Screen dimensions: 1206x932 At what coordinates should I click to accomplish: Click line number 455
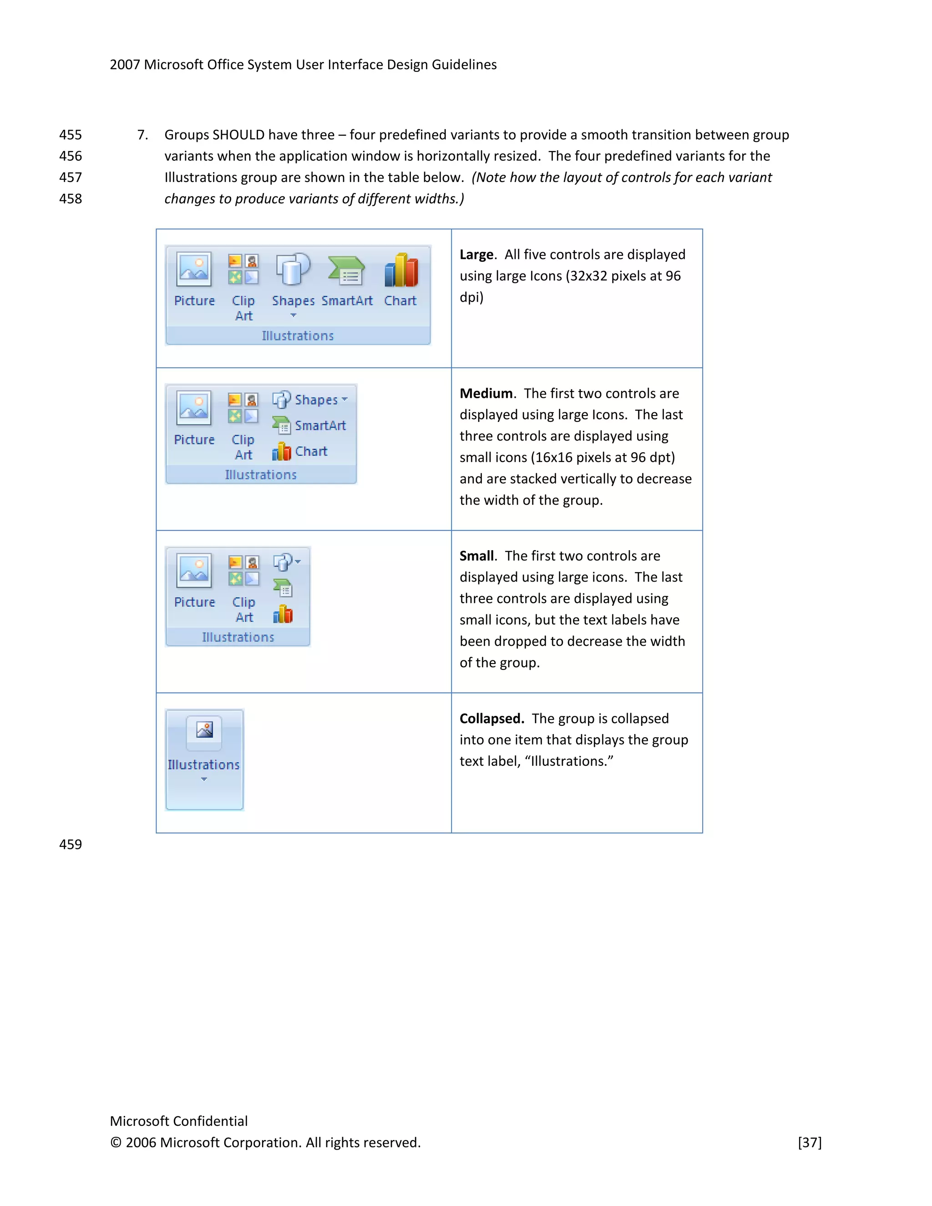pos(70,135)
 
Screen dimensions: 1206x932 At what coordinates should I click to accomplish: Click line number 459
pos(70,844)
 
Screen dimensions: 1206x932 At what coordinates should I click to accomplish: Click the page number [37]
pos(810,1142)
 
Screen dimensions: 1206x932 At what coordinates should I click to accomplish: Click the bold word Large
pos(476,254)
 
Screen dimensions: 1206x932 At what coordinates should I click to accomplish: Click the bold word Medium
pos(486,393)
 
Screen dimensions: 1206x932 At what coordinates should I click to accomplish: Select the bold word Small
pos(476,556)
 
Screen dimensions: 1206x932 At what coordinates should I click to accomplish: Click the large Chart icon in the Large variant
pos(401,271)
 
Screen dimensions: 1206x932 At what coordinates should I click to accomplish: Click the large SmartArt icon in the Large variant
pos(347,271)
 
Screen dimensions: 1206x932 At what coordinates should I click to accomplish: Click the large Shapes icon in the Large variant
pos(293,269)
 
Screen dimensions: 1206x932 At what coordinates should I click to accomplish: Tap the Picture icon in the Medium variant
pos(194,408)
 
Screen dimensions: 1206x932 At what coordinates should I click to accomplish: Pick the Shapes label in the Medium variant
pos(316,400)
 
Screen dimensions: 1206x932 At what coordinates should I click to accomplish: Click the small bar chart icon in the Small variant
pos(283,613)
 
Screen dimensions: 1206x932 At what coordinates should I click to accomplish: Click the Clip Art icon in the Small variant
pos(243,570)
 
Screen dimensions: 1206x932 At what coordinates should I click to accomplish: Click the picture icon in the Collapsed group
pos(204,730)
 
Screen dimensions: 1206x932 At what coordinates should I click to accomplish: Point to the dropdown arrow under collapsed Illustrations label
pos(204,779)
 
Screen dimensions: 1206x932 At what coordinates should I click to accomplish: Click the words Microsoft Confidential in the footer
pos(178,1121)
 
